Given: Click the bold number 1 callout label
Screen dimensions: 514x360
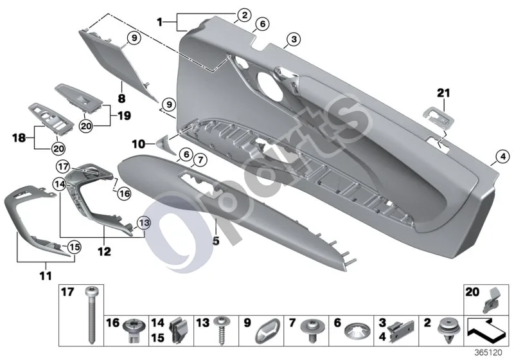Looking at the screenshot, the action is coord(159,22).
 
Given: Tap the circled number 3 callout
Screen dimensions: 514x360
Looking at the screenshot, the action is coord(294,39).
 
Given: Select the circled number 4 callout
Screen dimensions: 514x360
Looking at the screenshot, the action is coord(503,157).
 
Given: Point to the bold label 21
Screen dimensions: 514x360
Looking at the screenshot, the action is coord(443,93).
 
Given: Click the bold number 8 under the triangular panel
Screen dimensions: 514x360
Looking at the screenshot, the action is coord(121,98).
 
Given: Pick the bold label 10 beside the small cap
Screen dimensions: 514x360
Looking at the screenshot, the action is coord(139,143).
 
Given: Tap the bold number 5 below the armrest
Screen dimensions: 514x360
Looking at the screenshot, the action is coord(216,241).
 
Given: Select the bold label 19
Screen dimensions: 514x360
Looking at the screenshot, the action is coord(124,116).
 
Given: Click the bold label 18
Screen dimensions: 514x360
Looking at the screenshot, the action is coord(19,138).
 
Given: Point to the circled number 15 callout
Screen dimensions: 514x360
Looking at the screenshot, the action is coord(74,247).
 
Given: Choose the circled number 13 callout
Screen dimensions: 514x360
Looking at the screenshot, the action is coord(144,223).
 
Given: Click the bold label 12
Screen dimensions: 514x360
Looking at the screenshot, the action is coord(104,251).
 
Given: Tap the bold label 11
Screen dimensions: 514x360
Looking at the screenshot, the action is coord(46,275).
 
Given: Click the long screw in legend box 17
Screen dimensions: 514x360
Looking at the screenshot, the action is coord(91,315).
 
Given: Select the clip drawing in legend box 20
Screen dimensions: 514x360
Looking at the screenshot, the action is coord(490,300).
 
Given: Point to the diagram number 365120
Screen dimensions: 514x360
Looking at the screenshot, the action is coord(488,353).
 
